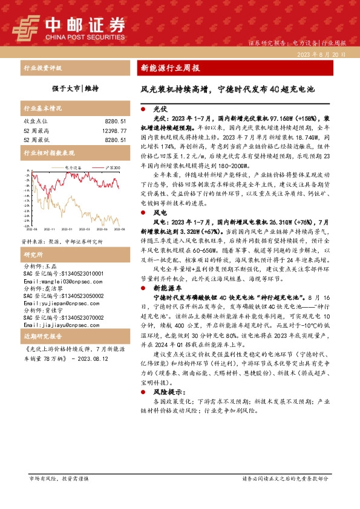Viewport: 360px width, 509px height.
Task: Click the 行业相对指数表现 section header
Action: (x=48, y=153)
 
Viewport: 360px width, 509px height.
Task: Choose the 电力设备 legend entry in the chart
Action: (x=73, y=167)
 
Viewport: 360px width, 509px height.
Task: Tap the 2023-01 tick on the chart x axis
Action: (x=66, y=230)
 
